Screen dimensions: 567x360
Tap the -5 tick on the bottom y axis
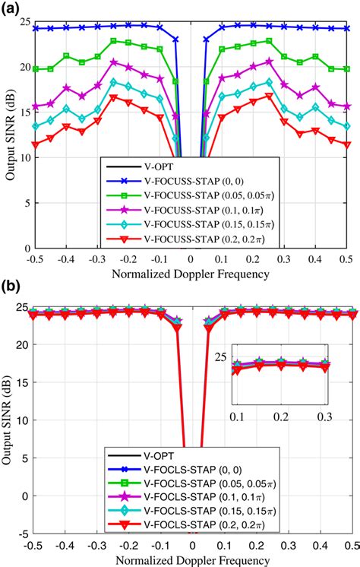[23, 534]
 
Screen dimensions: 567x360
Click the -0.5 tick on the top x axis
[32, 260]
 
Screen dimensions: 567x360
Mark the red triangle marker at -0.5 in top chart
[34, 144]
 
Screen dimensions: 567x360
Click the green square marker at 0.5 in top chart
[348, 68]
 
